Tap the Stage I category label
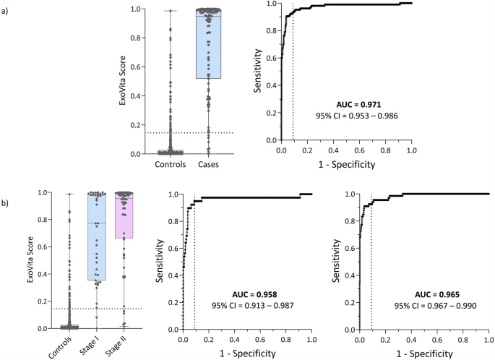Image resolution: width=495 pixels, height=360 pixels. click(99, 344)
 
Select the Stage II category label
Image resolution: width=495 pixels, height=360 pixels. click(125, 345)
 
